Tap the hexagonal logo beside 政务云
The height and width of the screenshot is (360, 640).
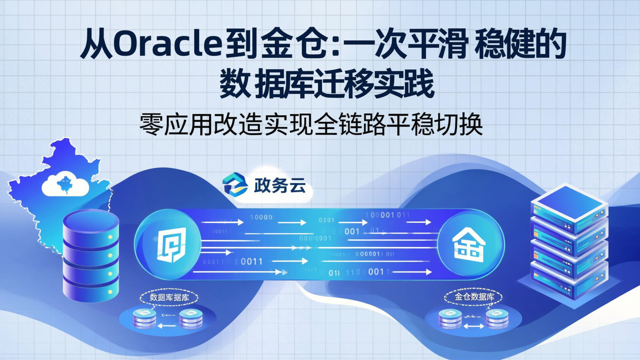click(x=235, y=184)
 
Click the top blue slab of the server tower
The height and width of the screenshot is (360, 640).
click(x=569, y=202)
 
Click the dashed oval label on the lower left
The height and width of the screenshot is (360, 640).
click(x=169, y=297)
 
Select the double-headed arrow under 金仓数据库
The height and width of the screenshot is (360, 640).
click(x=474, y=326)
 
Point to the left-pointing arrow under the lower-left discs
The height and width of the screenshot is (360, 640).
click(x=168, y=326)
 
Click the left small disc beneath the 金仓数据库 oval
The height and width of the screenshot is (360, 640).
click(x=450, y=317)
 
